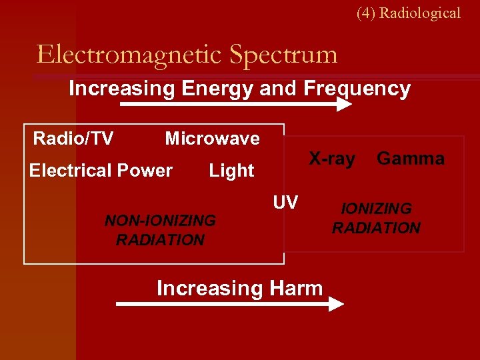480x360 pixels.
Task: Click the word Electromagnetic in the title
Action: click(x=128, y=54)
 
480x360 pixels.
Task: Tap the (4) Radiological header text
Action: click(x=408, y=13)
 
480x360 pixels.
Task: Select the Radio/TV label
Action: click(x=73, y=139)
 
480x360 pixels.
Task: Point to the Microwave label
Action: click(x=212, y=139)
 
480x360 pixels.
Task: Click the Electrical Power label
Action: click(x=101, y=171)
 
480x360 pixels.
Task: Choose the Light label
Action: click(x=231, y=171)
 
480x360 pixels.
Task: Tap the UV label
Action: click(x=285, y=202)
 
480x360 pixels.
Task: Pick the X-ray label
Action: click(x=331, y=159)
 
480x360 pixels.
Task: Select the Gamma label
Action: click(x=410, y=159)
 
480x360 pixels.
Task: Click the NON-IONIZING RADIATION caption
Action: click(x=160, y=230)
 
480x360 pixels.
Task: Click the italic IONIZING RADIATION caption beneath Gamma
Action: click(x=376, y=218)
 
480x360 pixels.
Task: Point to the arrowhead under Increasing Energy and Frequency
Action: click(x=343, y=105)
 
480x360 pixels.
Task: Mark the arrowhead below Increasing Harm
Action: click(x=336, y=304)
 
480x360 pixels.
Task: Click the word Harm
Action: click(x=296, y=288)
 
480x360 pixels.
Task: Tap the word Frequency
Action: click(x=357, y=89)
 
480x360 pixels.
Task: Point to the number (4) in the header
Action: click(x=366, y=13)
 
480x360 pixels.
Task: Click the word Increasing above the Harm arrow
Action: click(x=210, y=288)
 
